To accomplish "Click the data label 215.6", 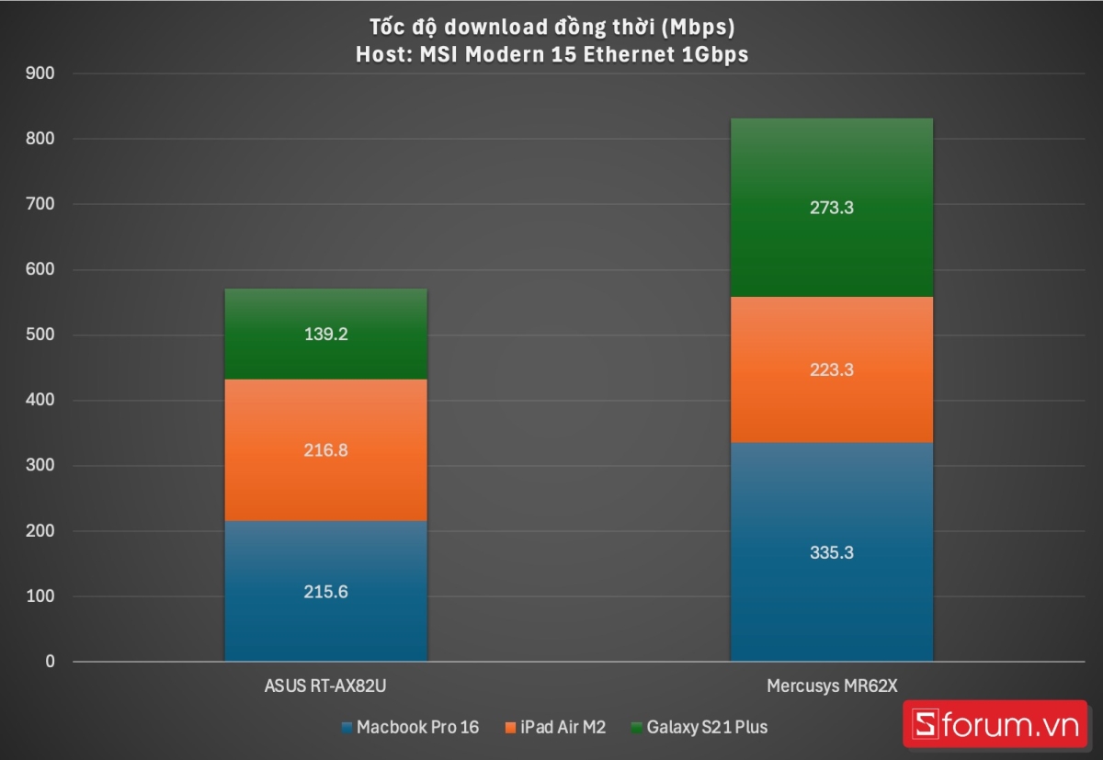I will (325, 593).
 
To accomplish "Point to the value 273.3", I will (831, 208).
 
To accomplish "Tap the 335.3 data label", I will (831, 553).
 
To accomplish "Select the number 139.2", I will (325, 335).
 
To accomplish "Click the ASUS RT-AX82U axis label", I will (326, 686).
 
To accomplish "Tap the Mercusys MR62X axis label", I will (831, 686).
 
